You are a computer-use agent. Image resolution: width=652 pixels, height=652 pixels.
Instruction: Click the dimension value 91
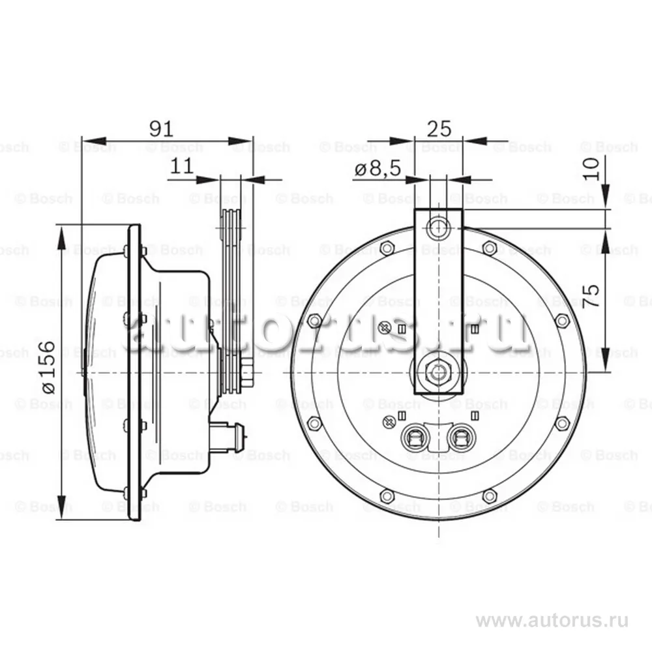162,128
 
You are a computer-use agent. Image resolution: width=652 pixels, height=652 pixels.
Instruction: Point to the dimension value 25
438,128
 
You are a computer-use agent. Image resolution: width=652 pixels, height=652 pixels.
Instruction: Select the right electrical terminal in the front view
464,437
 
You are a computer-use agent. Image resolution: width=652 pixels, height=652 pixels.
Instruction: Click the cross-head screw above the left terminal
391,421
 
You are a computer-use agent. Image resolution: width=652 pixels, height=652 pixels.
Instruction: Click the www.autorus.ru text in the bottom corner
552,620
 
